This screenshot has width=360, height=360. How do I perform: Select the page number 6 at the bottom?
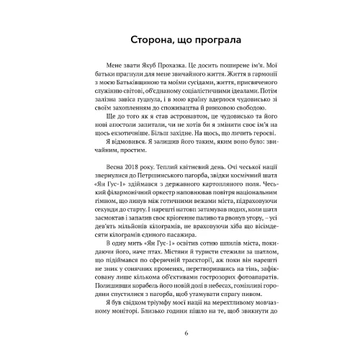coord(185,333)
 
